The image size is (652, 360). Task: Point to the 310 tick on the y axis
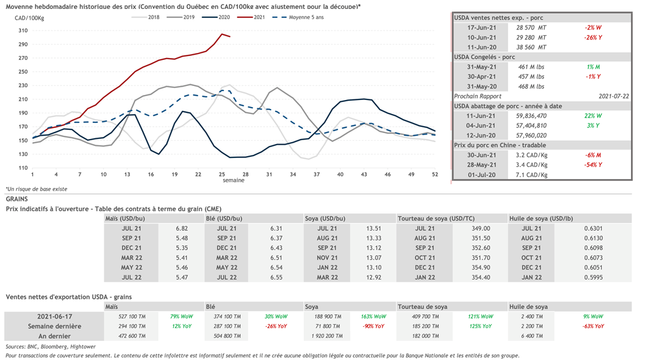click(22, 31)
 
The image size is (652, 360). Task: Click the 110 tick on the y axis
click(22, 167)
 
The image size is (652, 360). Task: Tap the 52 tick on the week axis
click(434, 174)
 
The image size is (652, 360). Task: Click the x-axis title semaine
click(233, 180)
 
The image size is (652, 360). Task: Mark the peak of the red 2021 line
click(222, 34)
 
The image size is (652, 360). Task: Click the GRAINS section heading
click(17, 199)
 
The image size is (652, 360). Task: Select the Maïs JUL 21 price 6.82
click(181, 228)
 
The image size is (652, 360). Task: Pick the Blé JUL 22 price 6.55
click(276, 278)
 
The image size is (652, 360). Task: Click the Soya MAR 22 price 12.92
click(374, 278)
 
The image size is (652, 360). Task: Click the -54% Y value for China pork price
click(593, 165)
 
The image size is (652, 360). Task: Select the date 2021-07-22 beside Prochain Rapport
click(613, 96)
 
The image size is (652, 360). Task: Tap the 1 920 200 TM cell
click(329, 336)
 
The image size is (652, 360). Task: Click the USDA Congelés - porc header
click(485, 57)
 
